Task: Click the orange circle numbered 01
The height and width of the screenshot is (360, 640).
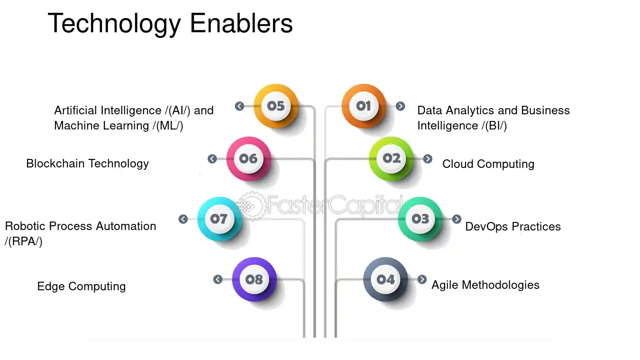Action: pos(364,106)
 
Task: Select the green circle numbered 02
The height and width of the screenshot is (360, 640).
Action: pos(391,159)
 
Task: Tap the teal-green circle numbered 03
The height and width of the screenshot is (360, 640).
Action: pos(421,219)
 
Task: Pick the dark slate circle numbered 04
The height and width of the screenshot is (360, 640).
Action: pos(385,279)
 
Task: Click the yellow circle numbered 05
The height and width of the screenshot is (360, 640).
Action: pos(276,106)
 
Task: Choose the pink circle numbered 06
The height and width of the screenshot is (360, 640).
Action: pos(248,159)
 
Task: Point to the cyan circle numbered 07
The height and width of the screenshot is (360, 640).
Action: pos(219,219)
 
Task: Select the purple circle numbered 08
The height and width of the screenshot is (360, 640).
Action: pos(254,279)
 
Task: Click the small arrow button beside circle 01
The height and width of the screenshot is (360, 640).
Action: pos(400,106)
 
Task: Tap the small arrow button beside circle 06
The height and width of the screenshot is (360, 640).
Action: pos(212,159)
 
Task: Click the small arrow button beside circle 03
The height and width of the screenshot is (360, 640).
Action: pos(457,219)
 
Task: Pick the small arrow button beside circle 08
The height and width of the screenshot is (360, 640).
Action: pos(218,279)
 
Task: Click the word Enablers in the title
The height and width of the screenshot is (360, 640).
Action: pos(241,23)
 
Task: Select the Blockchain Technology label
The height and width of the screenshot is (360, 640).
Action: pos(87,164)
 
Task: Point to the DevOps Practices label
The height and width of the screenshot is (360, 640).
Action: pos(513,227)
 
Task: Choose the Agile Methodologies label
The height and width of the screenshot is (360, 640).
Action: pos(485,285)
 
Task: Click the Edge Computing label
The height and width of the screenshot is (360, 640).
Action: pos(82,286)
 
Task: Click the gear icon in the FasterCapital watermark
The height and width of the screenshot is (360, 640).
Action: pos(252,206)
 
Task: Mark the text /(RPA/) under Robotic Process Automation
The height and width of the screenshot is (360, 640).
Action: pos(24,241)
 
